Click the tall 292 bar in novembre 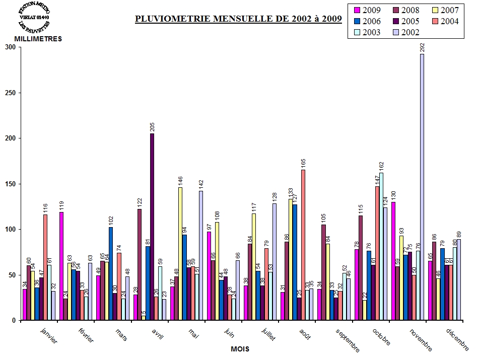[422, 187]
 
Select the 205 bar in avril [152, 227]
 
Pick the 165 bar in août [303, 245]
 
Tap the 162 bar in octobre [381, 246]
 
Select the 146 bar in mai [180, 254]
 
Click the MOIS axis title [240, 348]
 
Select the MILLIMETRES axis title [38, 39]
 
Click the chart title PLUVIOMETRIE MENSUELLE [238, 19]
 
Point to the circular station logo [34, 16]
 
